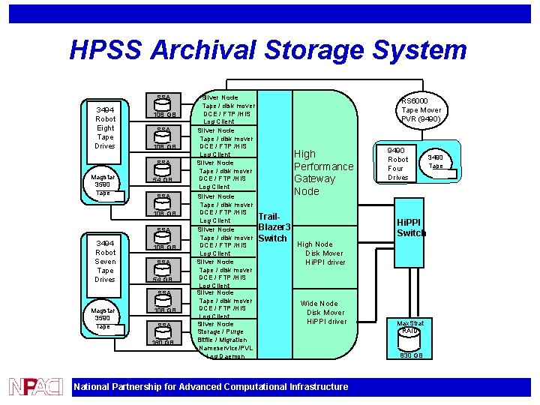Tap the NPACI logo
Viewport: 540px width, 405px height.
(x=35, y=386)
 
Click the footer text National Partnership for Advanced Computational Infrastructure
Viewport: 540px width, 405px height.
(x=211, y=387)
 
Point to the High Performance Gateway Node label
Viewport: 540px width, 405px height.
(x=322, y=172)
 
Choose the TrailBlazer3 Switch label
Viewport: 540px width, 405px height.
(x=273, y=226)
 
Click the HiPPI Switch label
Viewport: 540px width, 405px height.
(x=411, y=227)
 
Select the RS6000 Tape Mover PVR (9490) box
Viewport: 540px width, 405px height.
(x=420, y=110)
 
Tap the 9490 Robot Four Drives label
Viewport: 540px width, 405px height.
(x=397, y=163)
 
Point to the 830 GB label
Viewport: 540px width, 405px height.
(x=410, y=355)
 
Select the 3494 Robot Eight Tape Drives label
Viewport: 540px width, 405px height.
(x=105, y=127)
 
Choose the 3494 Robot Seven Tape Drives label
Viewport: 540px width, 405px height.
(x=105, y=261)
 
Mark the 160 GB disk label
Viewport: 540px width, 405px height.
(x=163, y=343)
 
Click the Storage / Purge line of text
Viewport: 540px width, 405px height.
(x=222, y=331)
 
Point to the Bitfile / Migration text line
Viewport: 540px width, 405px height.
(x=222, y=340)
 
